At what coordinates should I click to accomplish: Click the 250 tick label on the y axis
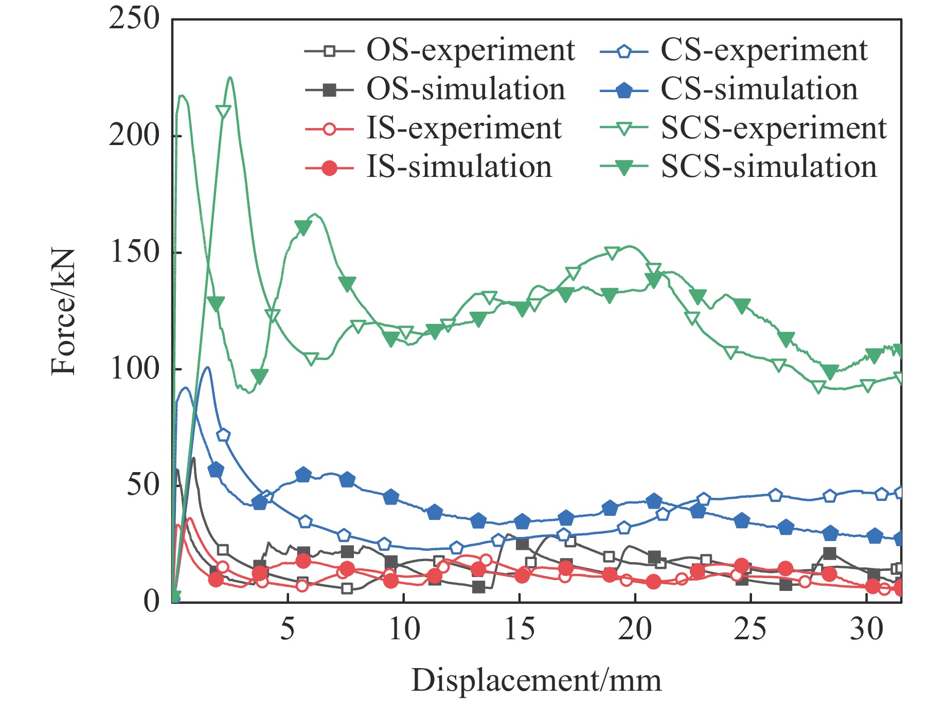point(134,19)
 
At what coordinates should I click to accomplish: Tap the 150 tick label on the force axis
point(134,253)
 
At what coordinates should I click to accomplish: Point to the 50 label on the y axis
point(142,485)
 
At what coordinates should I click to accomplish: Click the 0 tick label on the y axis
point(151,601)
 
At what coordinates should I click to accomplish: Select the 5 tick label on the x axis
point(288,629)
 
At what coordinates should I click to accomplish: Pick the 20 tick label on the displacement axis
point(635,629)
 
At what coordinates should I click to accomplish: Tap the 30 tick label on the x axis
point(866,629)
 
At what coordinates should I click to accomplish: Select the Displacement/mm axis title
point(536,680)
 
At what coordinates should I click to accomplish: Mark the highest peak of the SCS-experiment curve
point(230,78)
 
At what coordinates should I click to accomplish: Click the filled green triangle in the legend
point(624,168)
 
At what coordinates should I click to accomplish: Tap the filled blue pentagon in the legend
point(624,89)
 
